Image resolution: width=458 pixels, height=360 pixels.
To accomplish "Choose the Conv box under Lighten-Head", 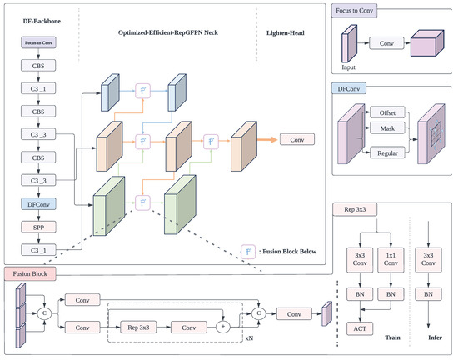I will (x=298, y=139).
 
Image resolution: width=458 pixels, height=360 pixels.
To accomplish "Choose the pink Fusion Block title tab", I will (x=31, y=272).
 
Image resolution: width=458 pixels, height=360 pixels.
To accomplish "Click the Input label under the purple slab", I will (x=348, y=62).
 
